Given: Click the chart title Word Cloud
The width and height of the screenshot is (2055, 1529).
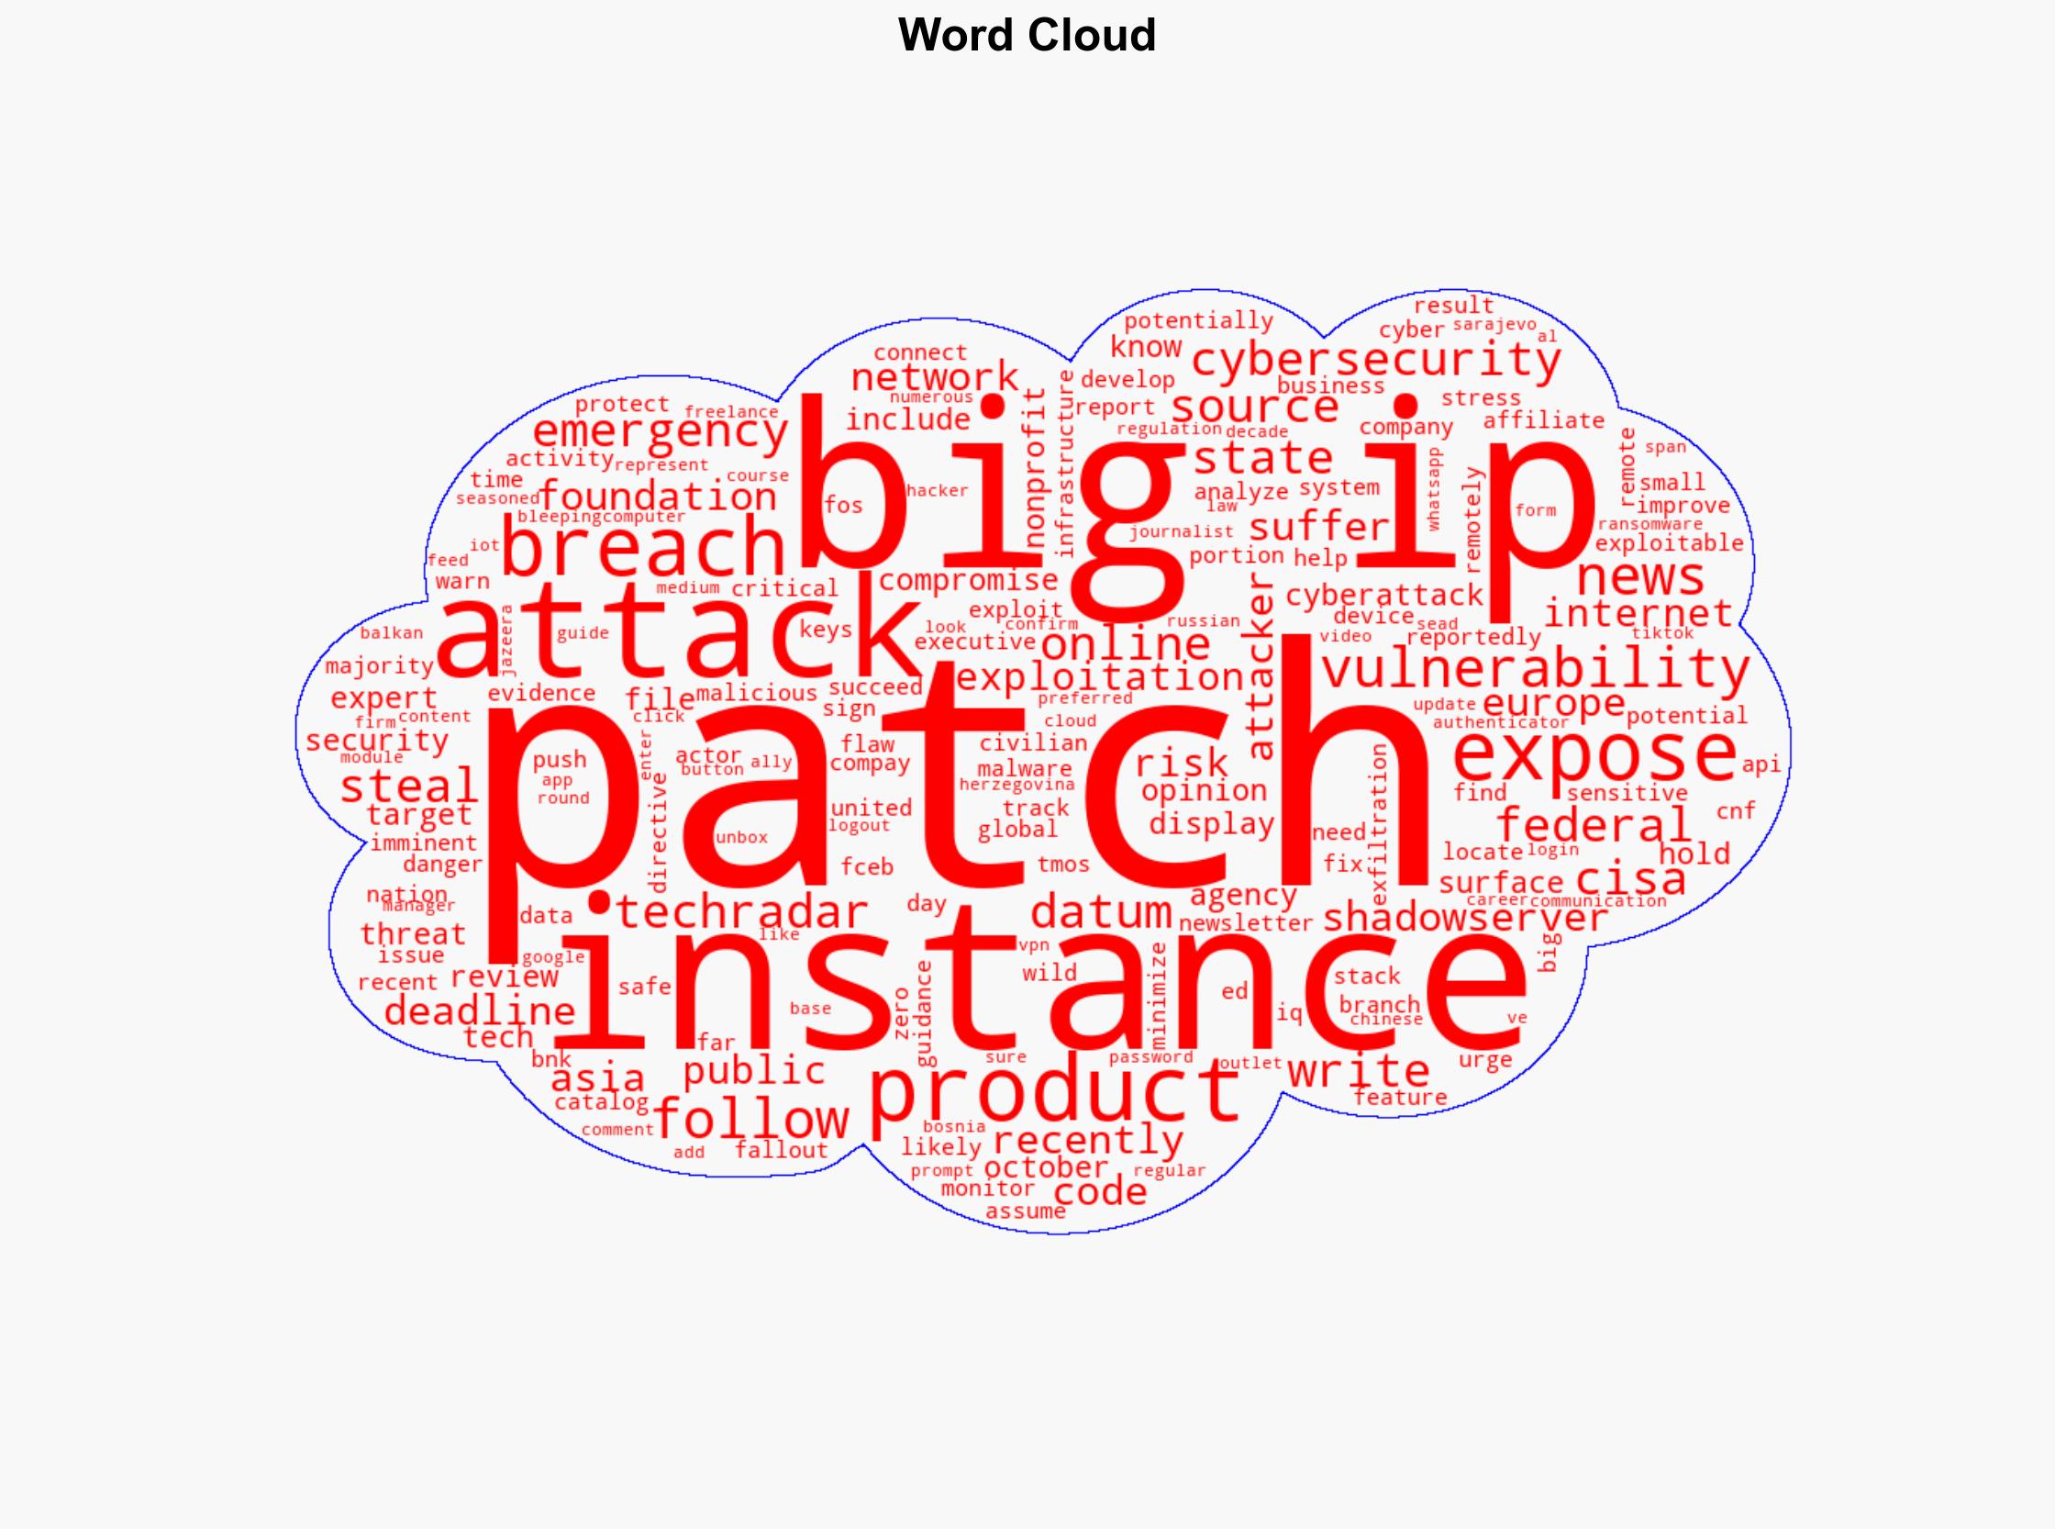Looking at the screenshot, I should point(1026,36).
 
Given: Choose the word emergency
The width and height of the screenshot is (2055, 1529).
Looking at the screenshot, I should point(660,432).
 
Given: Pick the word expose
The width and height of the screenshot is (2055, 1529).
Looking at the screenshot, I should point(1594,753).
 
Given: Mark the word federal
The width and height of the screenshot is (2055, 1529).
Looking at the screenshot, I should point(1594,824).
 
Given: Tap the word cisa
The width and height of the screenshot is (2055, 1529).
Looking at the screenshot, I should point(1630,877).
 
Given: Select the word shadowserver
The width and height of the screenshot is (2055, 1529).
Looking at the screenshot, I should point(1466,917).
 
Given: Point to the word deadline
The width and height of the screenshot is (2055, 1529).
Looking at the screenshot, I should point(479,1010).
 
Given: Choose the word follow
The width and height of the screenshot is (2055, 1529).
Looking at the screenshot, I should point(751,1119).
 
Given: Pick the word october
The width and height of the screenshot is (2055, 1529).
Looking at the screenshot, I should point(1046,1167).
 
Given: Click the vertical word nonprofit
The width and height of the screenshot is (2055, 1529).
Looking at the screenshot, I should point(1036,467).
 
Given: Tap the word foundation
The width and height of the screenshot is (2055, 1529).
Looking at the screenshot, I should point(658,497).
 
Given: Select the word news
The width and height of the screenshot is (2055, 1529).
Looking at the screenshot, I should point(1639,577).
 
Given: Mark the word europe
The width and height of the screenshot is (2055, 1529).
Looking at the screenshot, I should point(1553,703).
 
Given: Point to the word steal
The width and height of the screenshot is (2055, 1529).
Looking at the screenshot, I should point(408,787).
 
